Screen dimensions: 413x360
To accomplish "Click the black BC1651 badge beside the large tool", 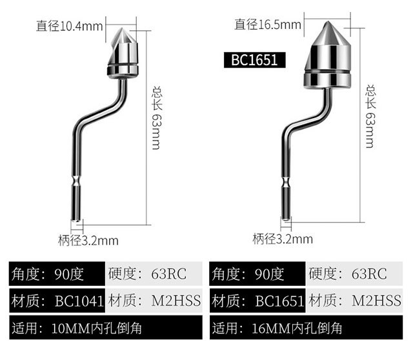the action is click(x=254, y=60).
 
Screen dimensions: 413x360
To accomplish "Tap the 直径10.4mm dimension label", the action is click(x=70, y=26).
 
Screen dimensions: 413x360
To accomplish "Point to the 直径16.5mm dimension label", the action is click(x=268, y=25).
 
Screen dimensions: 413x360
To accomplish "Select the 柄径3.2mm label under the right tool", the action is click(x=283, y=239).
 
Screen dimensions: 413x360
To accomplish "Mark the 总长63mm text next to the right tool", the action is click(x=370, y=116).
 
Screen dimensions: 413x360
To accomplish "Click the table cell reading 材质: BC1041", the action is click(x=55, y=300).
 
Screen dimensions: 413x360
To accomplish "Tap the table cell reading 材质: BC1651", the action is click(x=257, y=300).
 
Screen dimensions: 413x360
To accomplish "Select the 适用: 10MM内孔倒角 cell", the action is click(x=106, y=327).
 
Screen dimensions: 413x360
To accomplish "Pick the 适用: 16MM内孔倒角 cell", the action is click(x=307, y=327).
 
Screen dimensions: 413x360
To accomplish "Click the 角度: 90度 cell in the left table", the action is click(x=55, y=274).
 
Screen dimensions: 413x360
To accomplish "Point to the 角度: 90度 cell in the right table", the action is click(x=257, y=274).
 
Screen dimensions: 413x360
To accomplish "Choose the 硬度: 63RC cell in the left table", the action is click(x=153, y=274).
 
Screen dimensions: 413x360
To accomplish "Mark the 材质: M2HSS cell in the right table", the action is click(x=358, y=300).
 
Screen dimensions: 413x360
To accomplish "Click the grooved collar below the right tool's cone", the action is click(x=328, y=76).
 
